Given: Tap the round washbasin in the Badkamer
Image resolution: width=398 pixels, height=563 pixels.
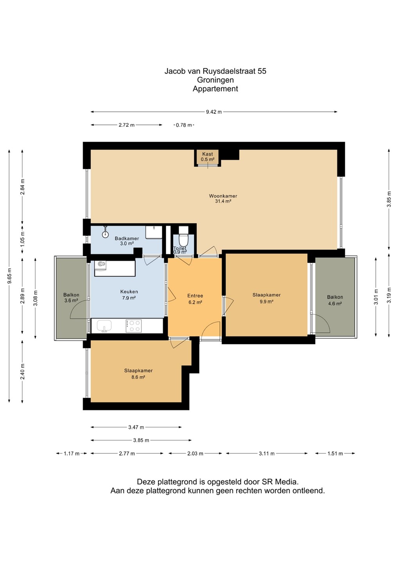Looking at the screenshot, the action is [x=105, y=234].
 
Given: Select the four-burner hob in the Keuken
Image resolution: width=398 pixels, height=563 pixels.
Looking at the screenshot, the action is [x=133, y=326].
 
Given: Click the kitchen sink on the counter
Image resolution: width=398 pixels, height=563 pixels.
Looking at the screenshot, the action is [x=104, y=326].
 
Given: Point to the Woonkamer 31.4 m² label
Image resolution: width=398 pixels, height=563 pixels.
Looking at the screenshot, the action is [x=223, y=199].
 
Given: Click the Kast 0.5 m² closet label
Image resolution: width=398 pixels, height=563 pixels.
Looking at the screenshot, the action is [x=208, y=156].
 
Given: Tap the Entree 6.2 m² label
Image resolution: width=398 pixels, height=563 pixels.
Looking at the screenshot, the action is [x=195, y=299].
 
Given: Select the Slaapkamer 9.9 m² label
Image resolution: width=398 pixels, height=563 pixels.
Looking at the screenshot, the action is [x=266, y=298].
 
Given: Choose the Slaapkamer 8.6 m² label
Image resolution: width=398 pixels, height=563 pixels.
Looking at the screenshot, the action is [x=138, y=374].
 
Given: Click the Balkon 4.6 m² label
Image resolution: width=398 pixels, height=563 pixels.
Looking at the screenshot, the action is [x=335, y=300].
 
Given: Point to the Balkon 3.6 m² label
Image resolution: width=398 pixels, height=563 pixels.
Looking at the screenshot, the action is [x=71, y=298].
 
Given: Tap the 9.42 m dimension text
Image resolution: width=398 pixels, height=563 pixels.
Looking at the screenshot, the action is [x=214, y=112].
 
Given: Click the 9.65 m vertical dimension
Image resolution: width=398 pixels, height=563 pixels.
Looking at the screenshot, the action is [x=9, y=276].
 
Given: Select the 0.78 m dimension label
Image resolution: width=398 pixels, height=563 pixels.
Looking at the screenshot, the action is [x=184, y=125].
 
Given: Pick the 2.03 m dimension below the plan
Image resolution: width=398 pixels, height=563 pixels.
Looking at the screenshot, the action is [x=195, y=454].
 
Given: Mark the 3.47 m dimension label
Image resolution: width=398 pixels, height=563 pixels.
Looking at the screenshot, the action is [x=136, y=427].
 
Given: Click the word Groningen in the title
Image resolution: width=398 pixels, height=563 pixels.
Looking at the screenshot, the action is [x=215, y=80].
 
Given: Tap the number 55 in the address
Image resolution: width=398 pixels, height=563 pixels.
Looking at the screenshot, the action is [x=262, y=71].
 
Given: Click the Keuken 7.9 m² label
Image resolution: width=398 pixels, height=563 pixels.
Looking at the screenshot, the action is [x=129, y=295].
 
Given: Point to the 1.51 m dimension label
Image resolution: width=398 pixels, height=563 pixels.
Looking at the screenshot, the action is [x=335, y=454].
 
